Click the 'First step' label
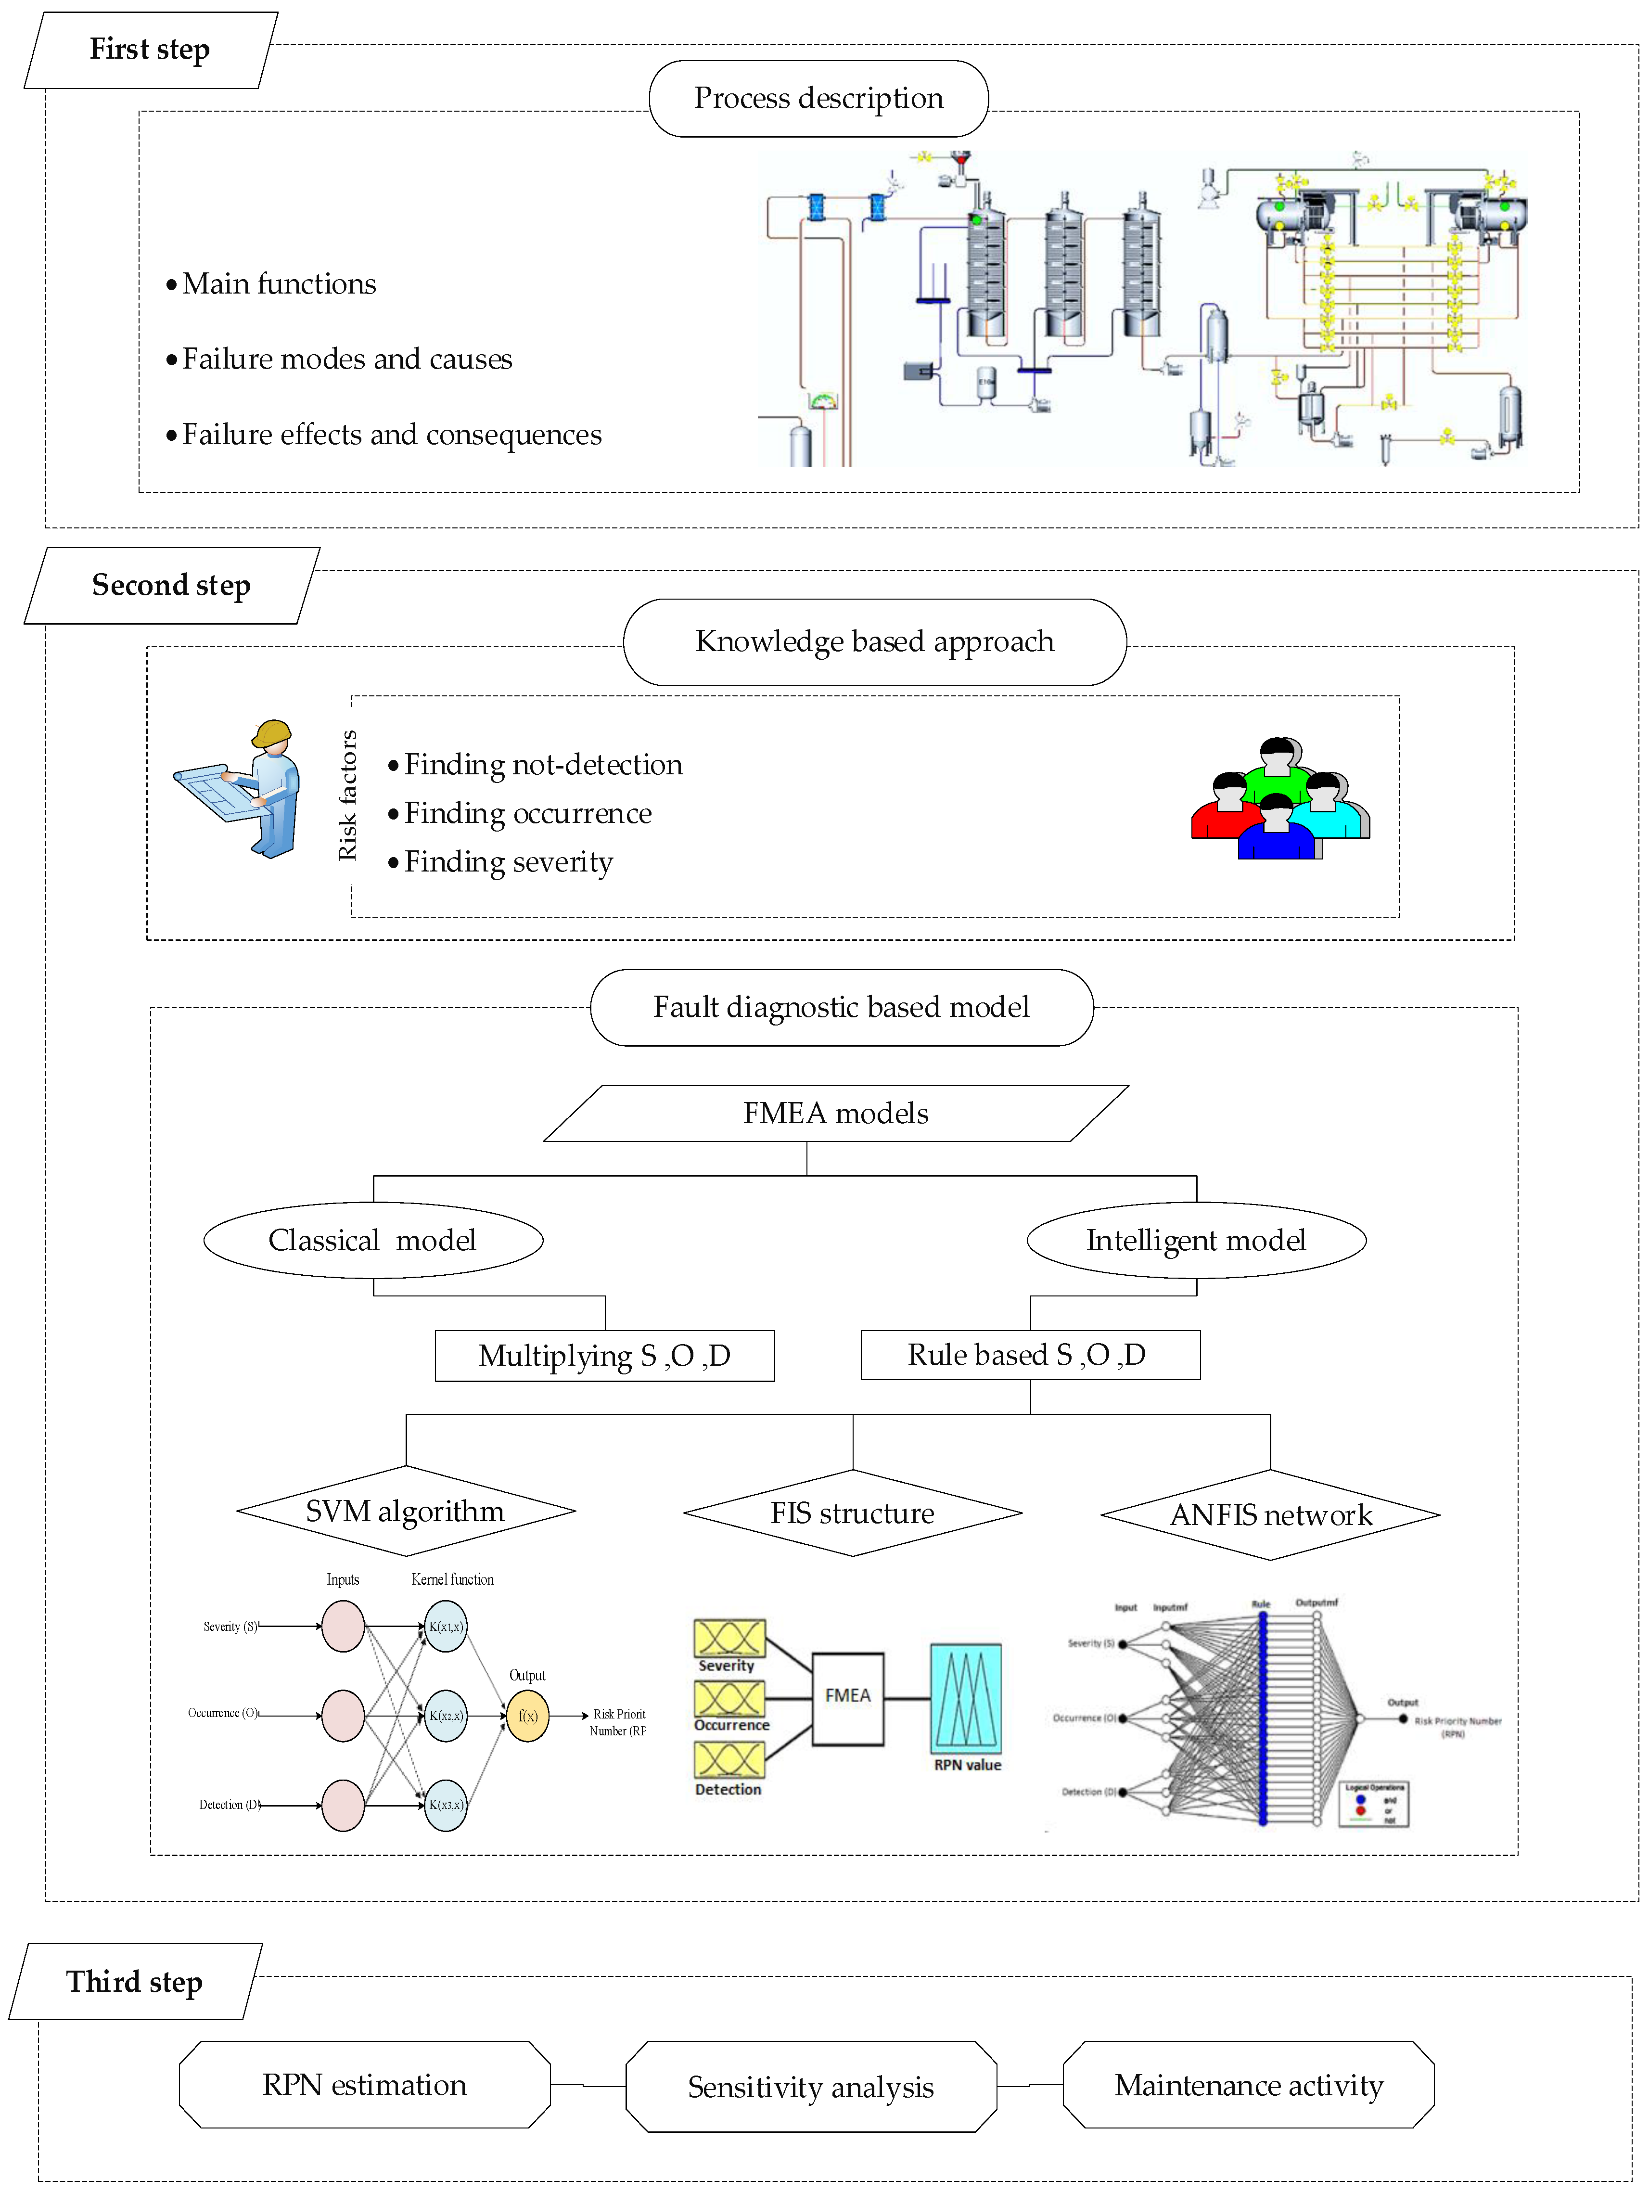click(x=150, y=50)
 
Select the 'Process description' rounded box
click(x=818, y=98)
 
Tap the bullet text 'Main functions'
click(x=279, y=284)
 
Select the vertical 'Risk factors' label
click(x=347, y=795)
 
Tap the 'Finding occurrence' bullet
click(x=527, y=814)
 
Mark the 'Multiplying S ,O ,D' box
click(x=604, y=1356)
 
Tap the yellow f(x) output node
click(x=527, y=1717)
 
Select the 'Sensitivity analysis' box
click(x=811, y=2087)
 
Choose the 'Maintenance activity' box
click(x=1249, y=2085)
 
